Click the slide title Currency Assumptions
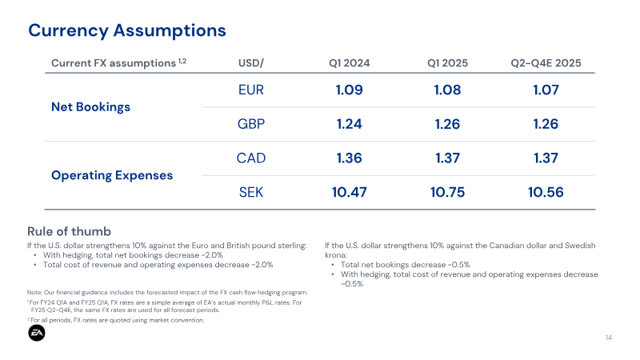tap(127, 30)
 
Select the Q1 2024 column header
tap(350, 63)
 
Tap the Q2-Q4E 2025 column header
tap(546, 63)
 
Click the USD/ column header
tap(251, 63)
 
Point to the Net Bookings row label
tap(90, 107)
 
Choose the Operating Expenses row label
tap(112, 175)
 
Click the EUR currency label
tap(251, 90)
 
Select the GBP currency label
tap(251, 124)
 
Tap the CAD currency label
tap(251, 158)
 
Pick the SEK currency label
tap(251, 192)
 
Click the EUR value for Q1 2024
tap(350, 90)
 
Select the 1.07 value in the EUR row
tap(546, 90)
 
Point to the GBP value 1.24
tap(350, 124)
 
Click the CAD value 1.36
tap(350, 158)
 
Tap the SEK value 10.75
tap(447, 192)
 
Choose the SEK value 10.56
tap(546, 192)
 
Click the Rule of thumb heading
tap(69, 231)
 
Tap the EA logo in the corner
tap(37, 333)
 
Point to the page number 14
tap(609, 338)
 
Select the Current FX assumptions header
tap(118, 63)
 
